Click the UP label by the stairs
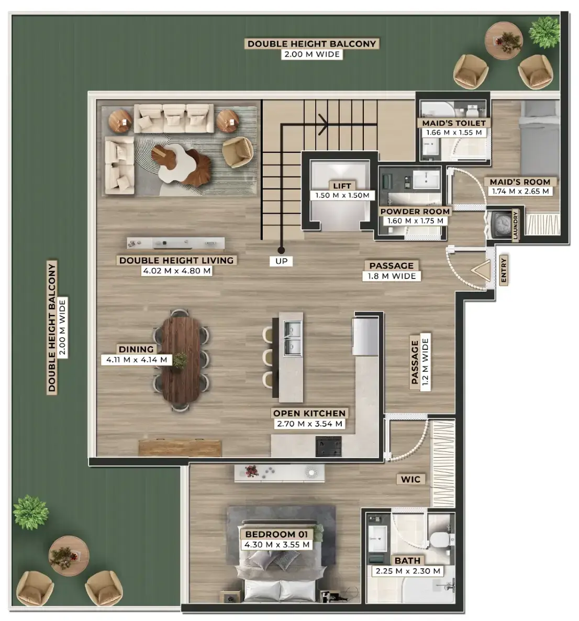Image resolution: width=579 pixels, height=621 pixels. pyautogui.click(x=281, y=261)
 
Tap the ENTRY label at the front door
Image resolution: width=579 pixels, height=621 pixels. pyautogui.click(x=504, y=270)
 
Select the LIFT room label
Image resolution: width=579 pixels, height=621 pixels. pyautogui.click(x=342, y=186)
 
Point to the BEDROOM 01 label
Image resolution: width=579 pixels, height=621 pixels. pyautogui.click(x=276, y=534)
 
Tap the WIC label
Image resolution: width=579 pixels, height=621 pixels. pyautogui.click(x=410, y=479)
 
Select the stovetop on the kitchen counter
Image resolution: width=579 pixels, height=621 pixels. pyautogui.click(x=328, y=446)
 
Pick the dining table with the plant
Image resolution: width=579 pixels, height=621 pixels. pyautogui.click(x=181, y=360)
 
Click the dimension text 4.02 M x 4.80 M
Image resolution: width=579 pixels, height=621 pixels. pyautogui.click(x=176, y=271)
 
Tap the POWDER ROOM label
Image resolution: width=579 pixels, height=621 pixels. pyautogui.click(x=415, y=212)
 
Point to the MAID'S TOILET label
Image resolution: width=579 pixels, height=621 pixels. pyautogui.click(x=453, y=123)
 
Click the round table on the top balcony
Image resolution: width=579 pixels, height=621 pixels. pyautogui.click(x=504, y=40)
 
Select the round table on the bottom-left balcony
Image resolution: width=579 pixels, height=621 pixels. pyautogui.click(x=69, y=556)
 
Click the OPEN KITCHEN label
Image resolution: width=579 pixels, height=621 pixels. pyautogui.click(x=309, y=413)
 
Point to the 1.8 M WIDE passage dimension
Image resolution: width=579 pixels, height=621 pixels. pyautogui.click(x=391, y=276)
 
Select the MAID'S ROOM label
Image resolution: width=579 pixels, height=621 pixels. pyautogui.click(x=520, y=182)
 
